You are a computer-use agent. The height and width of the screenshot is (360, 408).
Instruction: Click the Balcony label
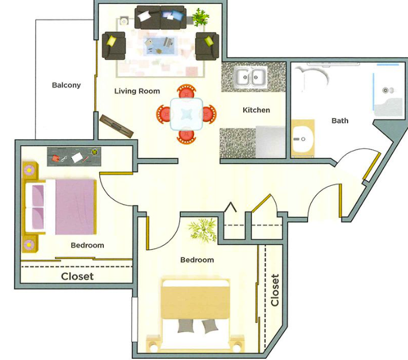(x=66, y=85)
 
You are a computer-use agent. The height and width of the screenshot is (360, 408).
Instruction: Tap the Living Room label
(x=137, y=91)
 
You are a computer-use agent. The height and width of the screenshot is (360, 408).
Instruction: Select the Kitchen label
(x=257, y=110)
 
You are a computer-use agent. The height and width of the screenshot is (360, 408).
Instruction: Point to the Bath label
(x=340, y=120)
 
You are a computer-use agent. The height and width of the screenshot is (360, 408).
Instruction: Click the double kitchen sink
(x=251, y=77)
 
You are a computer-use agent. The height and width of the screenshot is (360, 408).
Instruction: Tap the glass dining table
(x=186, y=114)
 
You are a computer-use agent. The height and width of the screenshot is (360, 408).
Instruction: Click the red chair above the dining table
(x=186, y=91)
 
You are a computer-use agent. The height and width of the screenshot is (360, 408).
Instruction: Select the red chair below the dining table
(x=186, y=136)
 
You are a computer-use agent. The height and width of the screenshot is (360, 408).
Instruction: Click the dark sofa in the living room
(x=161, y=17)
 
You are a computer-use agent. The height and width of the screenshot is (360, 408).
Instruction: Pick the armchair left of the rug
(x=114, y=46)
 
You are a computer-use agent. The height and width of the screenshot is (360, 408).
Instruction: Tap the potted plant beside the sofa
(x=200, y=17)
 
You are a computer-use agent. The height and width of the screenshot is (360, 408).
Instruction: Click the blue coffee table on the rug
(x=161, y=45)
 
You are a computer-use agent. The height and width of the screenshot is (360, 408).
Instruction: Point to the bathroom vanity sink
(x=302, y=139)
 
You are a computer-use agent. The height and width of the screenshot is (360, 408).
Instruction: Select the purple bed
(x=60, y=207)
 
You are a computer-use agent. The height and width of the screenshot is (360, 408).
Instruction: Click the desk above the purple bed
(x=74, y=156)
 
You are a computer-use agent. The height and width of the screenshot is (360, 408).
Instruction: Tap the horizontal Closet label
(x=77, y=276)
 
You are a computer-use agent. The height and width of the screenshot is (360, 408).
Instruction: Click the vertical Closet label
(x=275, y=290)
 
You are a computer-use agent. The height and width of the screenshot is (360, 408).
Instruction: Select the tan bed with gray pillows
(x=196, y=314)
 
